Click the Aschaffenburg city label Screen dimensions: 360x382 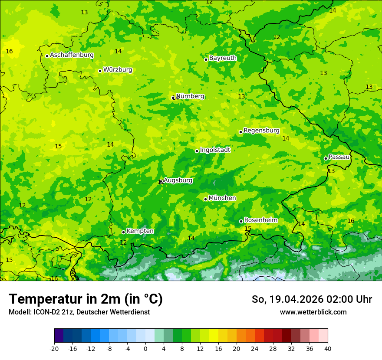click(72, 55)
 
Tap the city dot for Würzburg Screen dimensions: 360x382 click(100, 71)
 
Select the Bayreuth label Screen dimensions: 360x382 click(223, 58)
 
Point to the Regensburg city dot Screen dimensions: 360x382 click(240, 132)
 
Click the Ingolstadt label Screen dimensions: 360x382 click(215, 150)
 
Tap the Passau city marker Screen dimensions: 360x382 click(326, 158)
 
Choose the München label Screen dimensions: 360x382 click(222, 198)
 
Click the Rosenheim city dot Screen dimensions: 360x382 click(241, 221)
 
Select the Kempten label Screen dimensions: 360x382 click(140, 231)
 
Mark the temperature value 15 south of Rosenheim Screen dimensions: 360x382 click(248, 229)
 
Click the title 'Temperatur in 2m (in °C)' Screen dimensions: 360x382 click(86, 299)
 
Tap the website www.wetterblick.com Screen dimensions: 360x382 click(313, 312)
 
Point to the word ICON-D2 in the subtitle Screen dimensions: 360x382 click(46, 312)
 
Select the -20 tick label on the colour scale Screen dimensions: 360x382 click(54, 349)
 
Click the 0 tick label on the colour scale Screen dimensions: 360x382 click(145, 349)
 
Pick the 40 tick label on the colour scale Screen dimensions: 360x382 click(327, 349)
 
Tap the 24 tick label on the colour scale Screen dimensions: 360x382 click(255, 349)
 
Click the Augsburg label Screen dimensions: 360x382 click(178, 180)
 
